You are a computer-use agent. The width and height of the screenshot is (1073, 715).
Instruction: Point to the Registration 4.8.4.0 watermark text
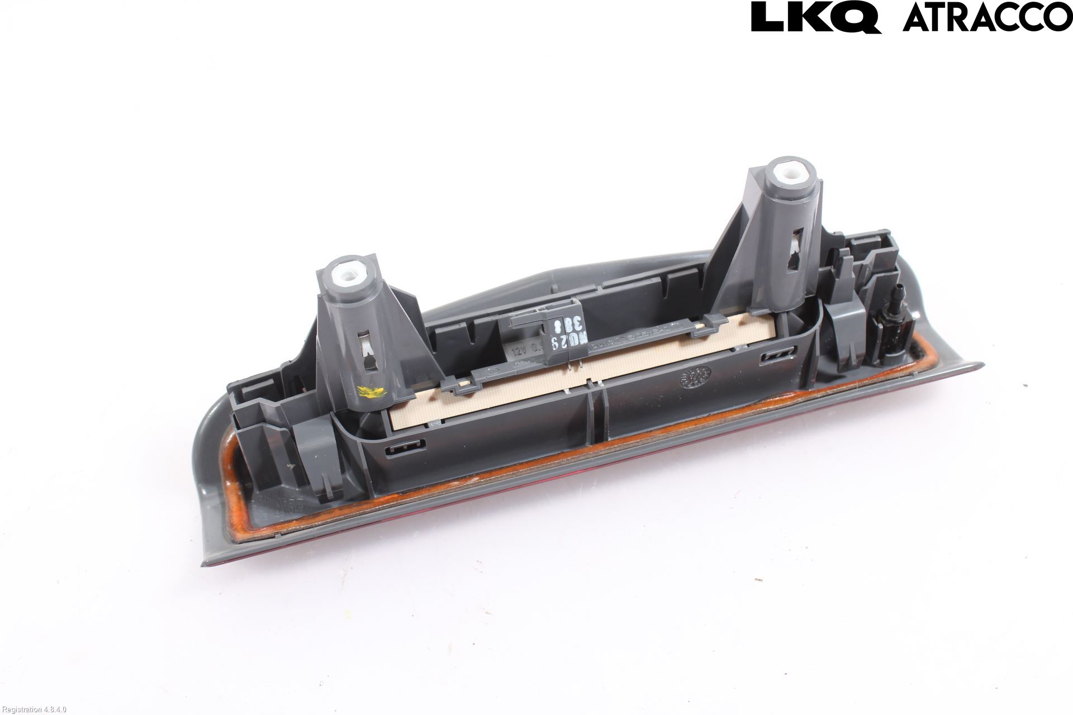pyautogui.click(x=34, y=709)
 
